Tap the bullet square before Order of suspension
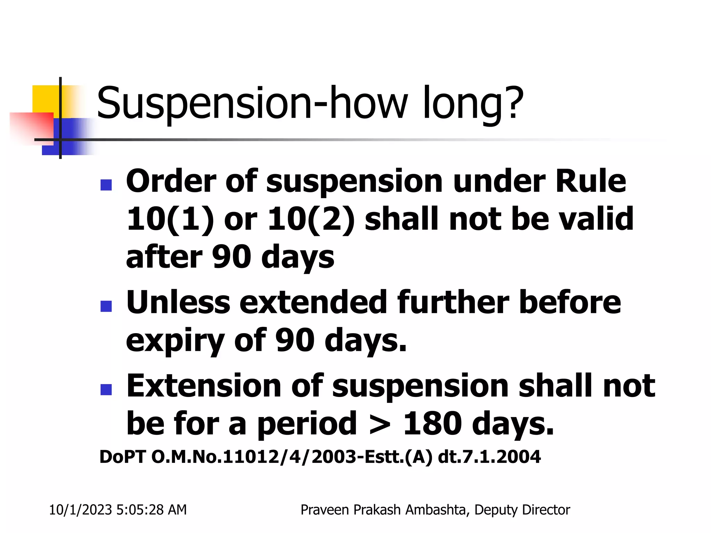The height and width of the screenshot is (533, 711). point(106,185)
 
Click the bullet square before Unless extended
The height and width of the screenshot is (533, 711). point(106,306)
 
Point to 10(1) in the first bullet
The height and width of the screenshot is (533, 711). point(170,219)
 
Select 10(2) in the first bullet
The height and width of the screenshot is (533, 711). point(311,219)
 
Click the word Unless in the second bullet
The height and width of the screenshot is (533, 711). point(178,302)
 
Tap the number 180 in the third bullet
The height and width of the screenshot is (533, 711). point(432,423)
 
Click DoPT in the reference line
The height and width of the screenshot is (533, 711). point(122,457)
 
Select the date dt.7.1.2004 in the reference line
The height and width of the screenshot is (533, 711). point(489,457)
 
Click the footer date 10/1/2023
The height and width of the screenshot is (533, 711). point(80,510)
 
